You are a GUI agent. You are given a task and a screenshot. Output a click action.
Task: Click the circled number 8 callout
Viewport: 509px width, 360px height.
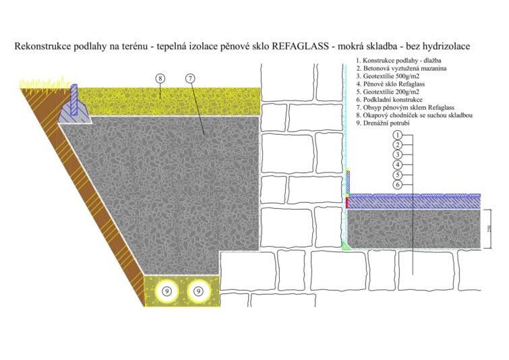coord(160,78)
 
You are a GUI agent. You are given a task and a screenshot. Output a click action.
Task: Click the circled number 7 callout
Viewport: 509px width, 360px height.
coord(190,78)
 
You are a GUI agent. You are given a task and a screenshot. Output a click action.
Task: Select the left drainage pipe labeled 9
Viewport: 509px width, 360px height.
coord(167,291)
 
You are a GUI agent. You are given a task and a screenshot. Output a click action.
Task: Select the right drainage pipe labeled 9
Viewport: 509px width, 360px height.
coord(198,291)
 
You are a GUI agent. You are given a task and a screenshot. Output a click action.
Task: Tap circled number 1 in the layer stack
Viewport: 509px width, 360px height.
coord(398,135)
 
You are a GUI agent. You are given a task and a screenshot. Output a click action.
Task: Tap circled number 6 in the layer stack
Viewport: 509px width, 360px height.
coord(398,184)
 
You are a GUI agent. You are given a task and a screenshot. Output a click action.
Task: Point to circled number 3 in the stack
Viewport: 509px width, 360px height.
coord(398,154)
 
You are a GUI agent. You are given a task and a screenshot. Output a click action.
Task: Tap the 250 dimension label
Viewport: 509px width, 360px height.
coord(494,229)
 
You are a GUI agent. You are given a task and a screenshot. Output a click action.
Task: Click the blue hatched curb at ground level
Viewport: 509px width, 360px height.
coord(76,108)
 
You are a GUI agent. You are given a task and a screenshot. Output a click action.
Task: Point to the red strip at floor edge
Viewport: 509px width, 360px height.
coord(348,202)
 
